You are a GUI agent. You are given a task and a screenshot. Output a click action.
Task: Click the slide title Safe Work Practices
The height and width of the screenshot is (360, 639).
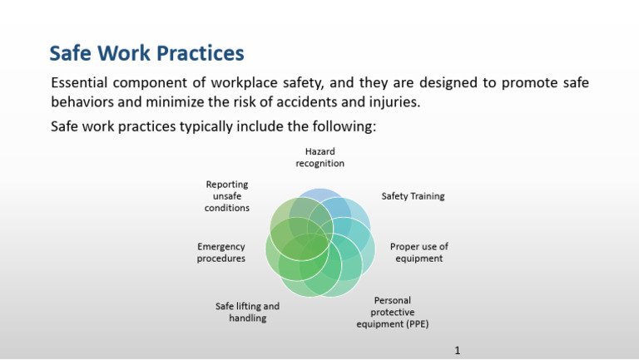[146, 54]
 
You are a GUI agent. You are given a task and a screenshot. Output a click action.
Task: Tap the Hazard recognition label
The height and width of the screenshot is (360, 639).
[319, 158]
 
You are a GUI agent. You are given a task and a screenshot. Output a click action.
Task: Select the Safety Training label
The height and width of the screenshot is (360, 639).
[413, 197]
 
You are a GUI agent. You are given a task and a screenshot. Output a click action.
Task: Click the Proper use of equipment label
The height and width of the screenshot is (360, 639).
[419, 253]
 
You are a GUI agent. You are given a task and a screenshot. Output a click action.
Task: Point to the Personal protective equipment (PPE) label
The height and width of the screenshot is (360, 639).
[392, 312]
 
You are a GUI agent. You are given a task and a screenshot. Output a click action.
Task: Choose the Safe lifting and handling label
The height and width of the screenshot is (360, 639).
[247, 312]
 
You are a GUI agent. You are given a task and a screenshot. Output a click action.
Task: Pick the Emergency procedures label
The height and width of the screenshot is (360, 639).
[221, 253]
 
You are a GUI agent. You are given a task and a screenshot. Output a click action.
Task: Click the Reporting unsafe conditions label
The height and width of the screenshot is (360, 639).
[227, 196]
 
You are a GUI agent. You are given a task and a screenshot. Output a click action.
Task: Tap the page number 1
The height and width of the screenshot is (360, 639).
[458, 351]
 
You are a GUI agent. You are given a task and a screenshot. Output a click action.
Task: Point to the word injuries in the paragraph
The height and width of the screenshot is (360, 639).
[390, 103]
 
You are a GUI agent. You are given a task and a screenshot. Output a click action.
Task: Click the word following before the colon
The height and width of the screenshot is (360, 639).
[344, 127]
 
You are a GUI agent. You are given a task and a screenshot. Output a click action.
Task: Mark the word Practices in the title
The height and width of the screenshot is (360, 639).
[197, 54]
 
